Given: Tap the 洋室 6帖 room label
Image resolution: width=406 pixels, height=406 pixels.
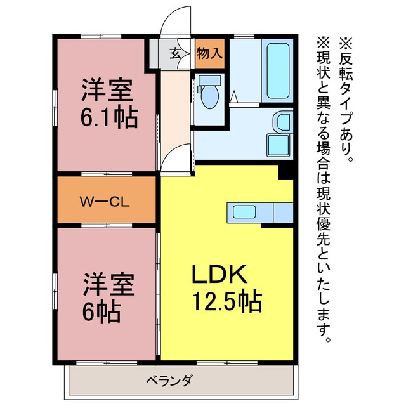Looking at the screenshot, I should [x=108, y=297].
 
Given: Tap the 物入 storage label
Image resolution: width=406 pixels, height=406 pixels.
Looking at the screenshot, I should [x=209, y=54].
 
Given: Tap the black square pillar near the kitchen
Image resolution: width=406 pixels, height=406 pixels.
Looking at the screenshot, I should [x=286, y=170].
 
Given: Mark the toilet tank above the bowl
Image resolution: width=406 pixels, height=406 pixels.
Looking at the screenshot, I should [x=209, y=81].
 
